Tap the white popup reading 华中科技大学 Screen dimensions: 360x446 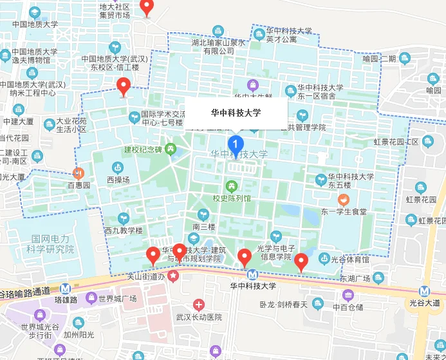pyautogui.click(x=236, y=113)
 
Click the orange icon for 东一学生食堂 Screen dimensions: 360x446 pyautogui.click(x=344, y=199)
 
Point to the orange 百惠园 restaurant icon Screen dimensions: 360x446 pyautogui.click(x=78, y=173)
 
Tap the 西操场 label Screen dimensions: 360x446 pyautogui.click(x=118, y=180)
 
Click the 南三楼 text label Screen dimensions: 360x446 pyautogui.click(x=203, y=226)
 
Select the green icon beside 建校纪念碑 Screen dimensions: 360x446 pyautogui.click(x=170, y=149)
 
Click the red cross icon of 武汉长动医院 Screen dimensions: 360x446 pyautogui.click(x=200, y=305)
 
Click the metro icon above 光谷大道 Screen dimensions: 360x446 pyautogui.click(x=424, y=290)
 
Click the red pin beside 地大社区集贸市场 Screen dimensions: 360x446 pyautogui.click(x=147, y=8)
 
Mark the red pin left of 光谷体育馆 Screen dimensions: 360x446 pyautogui.click(x=301, y=262)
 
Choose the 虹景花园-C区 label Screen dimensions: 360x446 pyautogui.click(x=396, y=142)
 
